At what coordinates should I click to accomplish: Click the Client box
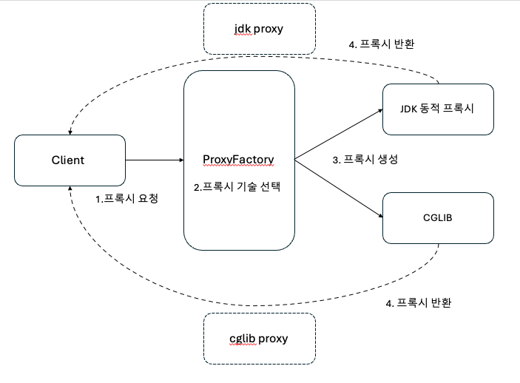pos(68,160)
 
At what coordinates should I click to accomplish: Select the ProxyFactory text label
pos(238,160)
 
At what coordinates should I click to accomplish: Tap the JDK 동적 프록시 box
pos(438,109)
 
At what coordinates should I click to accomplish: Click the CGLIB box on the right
pos(438,218)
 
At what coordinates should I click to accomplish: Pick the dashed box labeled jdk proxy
pos(259,29)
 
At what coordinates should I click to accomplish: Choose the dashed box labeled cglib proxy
pos(259,339)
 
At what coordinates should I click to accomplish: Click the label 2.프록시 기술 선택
pos(237,187)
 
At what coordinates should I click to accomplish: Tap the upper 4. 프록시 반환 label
pos(381,44)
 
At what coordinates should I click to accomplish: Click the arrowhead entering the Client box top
pos(69,132)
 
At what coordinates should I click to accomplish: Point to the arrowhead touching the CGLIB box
pos(379,216)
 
